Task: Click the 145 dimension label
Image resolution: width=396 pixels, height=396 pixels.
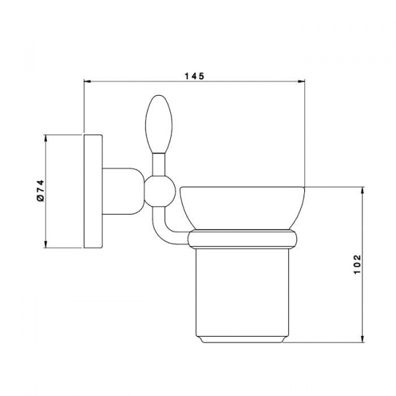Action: coord(194,76)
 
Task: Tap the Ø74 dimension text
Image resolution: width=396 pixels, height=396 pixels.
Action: coord(40,191)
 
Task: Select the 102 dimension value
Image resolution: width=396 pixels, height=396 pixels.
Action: coord(357,265)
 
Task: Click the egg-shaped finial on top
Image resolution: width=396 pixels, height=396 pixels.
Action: coord(159,124)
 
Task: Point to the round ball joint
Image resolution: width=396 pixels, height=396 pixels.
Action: coord(159,191)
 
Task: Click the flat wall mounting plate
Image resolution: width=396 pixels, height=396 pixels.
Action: coord(93,191)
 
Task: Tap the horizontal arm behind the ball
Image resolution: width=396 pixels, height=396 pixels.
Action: coord(123,191)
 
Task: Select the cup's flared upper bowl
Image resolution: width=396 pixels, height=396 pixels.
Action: coord(242,209)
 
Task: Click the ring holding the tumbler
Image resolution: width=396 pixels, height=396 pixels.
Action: coord(243,239)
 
